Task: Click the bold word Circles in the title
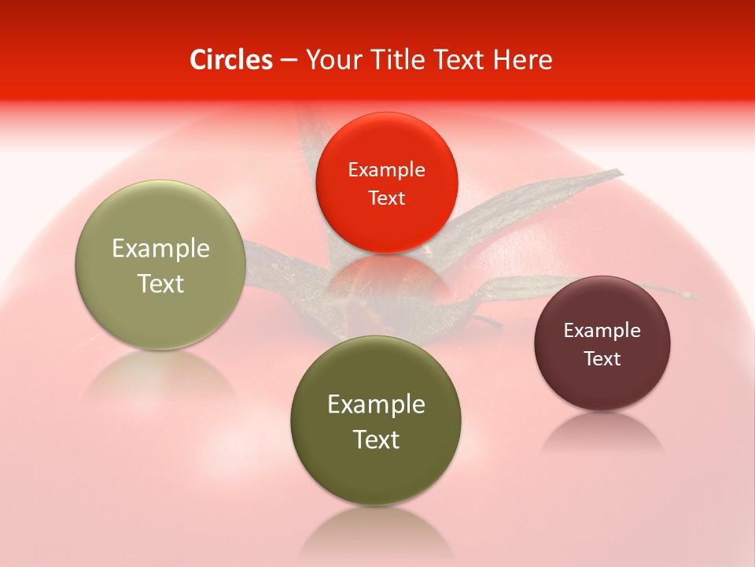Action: [x=231, y=60]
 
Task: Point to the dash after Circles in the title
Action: [x=289, y=61]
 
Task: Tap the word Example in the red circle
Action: [x=386, y=170]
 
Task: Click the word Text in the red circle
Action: [x=386, y=198]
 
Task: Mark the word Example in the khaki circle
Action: [x=160, y=249]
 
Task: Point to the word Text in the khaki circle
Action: [x=160, y=283]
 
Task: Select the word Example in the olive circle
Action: [x=376, y=405]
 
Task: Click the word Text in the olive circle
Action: [x=376, y=439]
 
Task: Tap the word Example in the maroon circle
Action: [x=602, y=331]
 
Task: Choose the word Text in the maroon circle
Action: [x=602, y=359]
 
